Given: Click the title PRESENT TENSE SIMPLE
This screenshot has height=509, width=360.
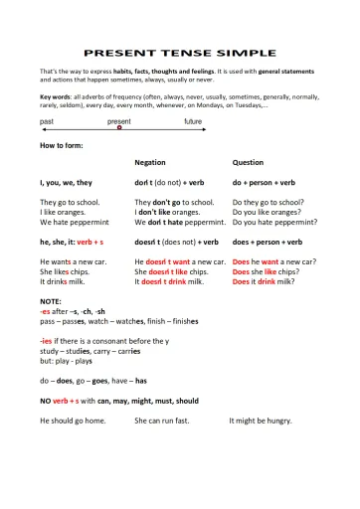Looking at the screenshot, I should click(x=180, y=52).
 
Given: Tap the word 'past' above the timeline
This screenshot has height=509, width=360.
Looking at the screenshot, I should click(x=47, y=120).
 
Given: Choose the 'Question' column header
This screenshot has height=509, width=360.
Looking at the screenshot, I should click(x=248, y=161).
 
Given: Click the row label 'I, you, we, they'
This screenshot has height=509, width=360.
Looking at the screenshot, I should click(x=66, y=183).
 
